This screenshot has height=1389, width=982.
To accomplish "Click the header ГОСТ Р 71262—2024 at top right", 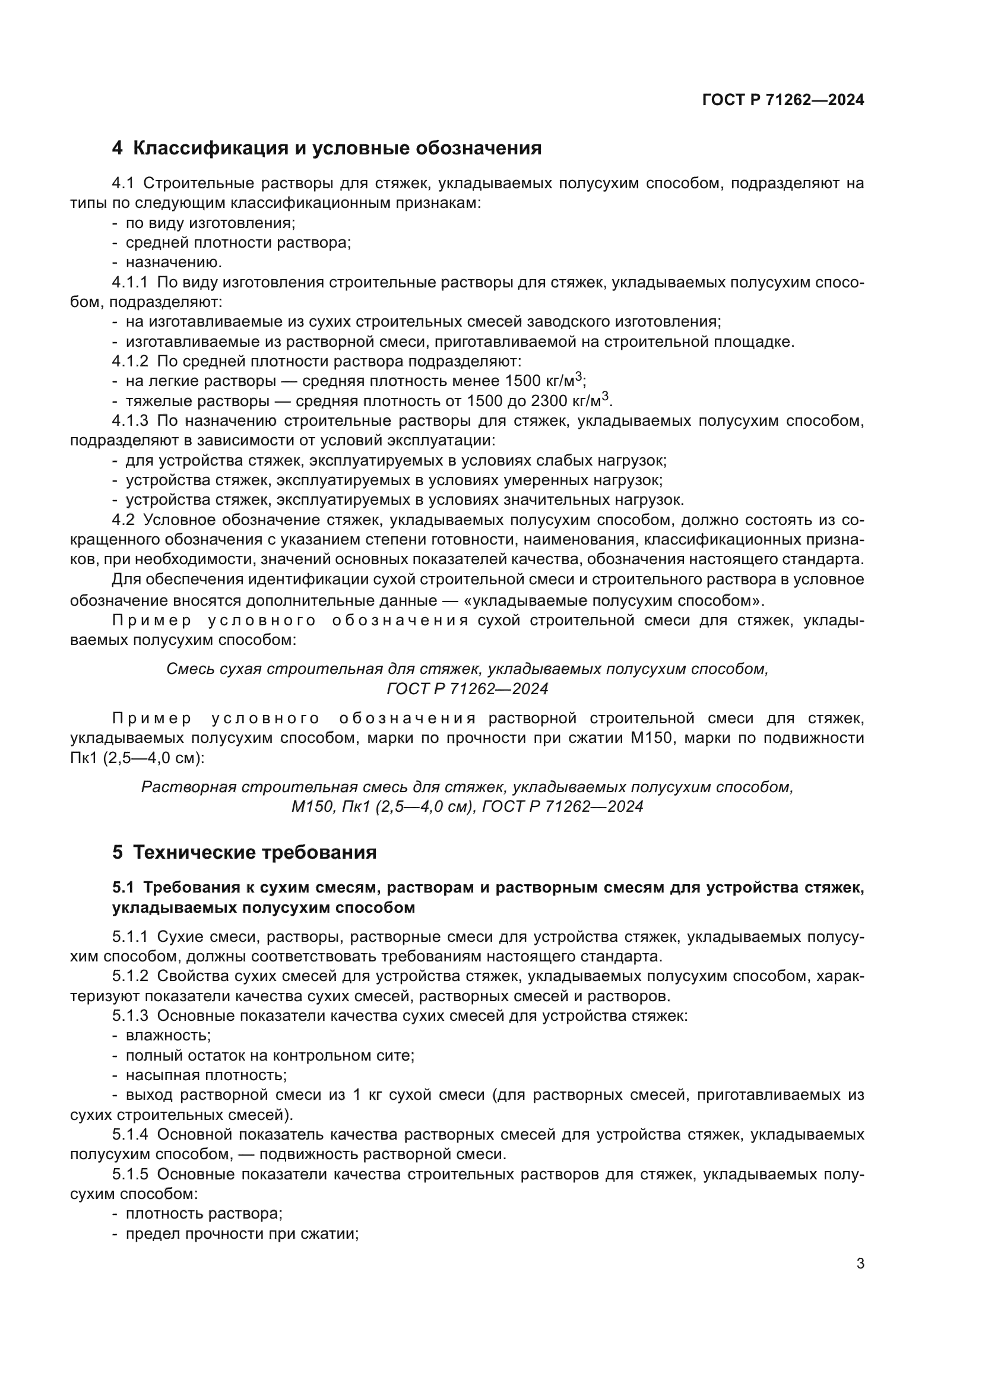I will pyautogui.click(x=783, y=100).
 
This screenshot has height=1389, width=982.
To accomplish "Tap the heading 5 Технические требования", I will pyautogui.click(x=244, y=852).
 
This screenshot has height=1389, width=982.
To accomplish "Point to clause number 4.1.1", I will pyautogui.click(x=129, y=283).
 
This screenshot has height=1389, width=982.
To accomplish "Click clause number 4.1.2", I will pyautogui.click(x=129, y=362).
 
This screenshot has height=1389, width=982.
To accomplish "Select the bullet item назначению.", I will pyautogui.click(x=173, y=262).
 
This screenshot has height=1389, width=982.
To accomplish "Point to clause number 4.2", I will pyautogui.click(x=123, y=520).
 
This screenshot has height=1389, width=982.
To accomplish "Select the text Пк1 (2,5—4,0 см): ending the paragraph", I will pyautogui.click(x=137, y=758).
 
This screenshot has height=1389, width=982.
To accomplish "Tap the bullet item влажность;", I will pyautogui.click(x=167, y=1035).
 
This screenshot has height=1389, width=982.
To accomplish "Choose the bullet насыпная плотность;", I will pyautogui.click(x=205, y=1075).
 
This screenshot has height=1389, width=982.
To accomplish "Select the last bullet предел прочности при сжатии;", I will pyautogui.click(x=242, y=1233).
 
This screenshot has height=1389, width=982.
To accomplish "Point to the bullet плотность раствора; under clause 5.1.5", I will pyautogui.click(x=204, y=1214).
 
